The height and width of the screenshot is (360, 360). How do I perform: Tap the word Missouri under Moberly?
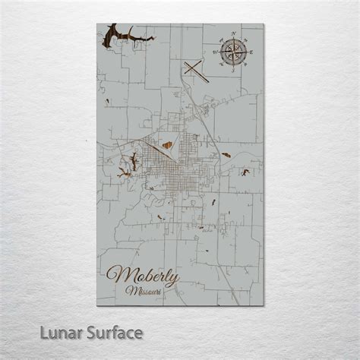coord(144,291)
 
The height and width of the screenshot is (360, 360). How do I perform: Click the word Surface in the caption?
coord(113,333)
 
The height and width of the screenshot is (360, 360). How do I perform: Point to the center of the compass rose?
coord(235,52)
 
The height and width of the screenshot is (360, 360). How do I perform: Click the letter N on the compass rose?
coord(235,36)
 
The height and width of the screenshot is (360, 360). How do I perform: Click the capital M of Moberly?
coord(116,276)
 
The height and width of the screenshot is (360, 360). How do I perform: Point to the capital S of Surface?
coord(92,333)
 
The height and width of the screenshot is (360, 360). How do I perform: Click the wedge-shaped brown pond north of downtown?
coord(167,143)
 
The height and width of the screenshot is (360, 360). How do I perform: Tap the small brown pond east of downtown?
coord(226,155)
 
